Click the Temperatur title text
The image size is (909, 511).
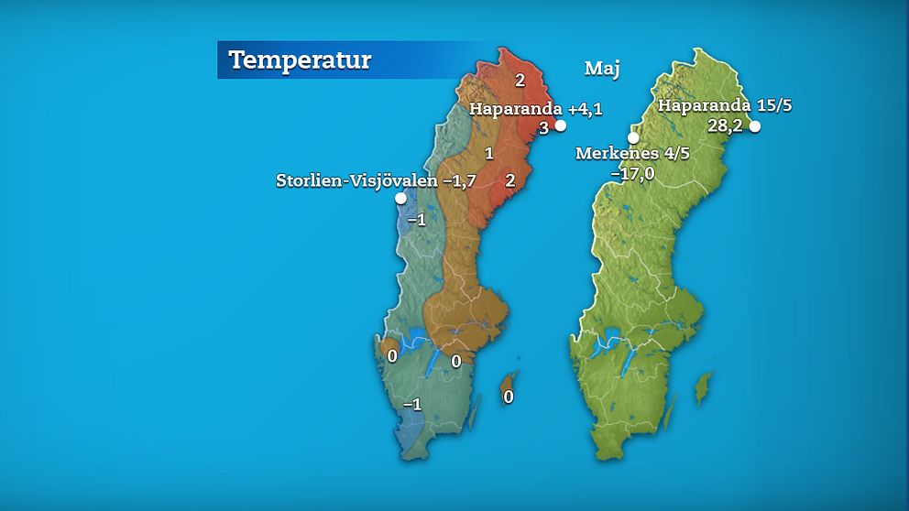[x=300, y=60]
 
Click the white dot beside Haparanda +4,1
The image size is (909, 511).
[x=561, y=126]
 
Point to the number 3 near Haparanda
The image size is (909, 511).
[x=542, y=128]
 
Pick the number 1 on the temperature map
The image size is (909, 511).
[x=489, y=153]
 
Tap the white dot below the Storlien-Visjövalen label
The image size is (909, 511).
[x=400, y=198]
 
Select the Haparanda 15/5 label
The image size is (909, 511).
[x=725, y=105]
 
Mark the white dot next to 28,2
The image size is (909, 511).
[x=755, y=127]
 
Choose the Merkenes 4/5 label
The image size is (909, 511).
[x=632, y=153]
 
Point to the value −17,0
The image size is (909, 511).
[x=632, y=172]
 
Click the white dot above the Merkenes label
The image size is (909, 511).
[x=633, y=137]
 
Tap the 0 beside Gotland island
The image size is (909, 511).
[x=508, y=397]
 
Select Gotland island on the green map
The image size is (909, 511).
[x=703, y=386]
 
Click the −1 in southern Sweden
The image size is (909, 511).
[x=412, y=404]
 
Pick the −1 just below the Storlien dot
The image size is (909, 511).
[x=416, y=220]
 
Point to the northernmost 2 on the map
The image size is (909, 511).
[x=520, y=81]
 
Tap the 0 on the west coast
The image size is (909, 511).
[x=392, y=355]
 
